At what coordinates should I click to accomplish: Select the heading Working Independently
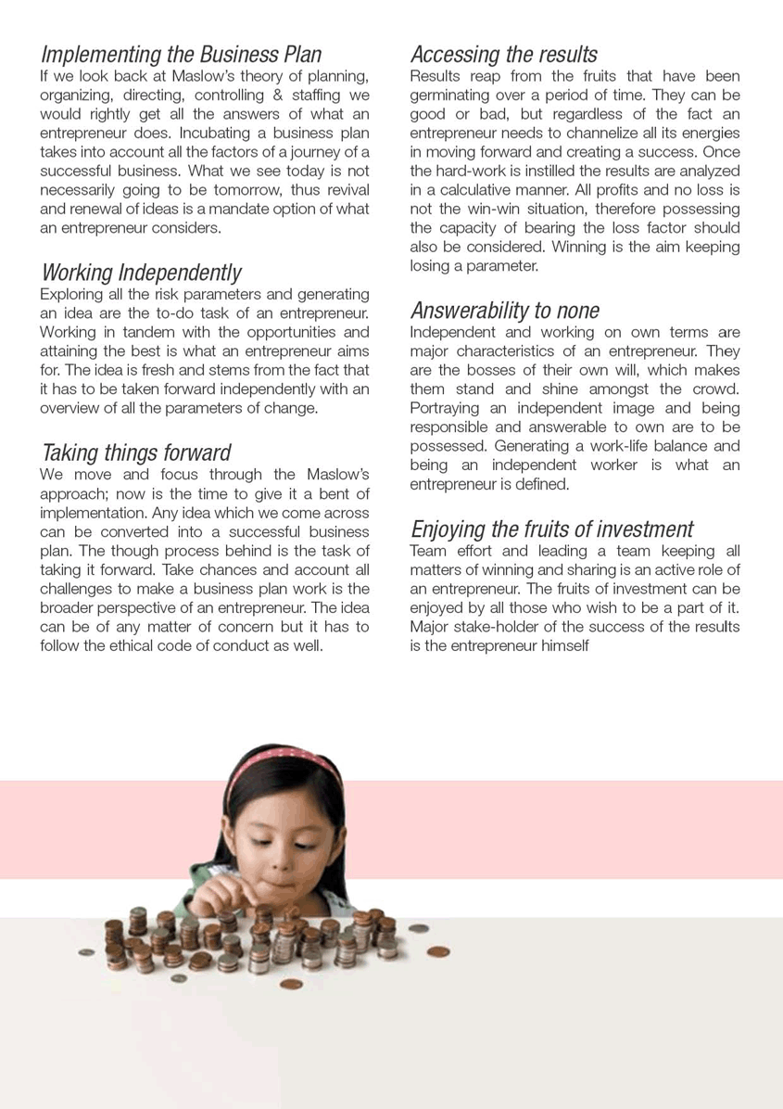tap(141, 273)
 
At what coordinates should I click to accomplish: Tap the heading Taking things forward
tap(136, 453)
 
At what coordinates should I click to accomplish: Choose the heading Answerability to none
tap(504, 311)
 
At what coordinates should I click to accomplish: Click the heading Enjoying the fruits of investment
tap(551, 529)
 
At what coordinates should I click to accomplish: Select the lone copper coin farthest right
tap(436, 952)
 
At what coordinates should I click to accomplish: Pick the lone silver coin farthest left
tap(86, 952)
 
